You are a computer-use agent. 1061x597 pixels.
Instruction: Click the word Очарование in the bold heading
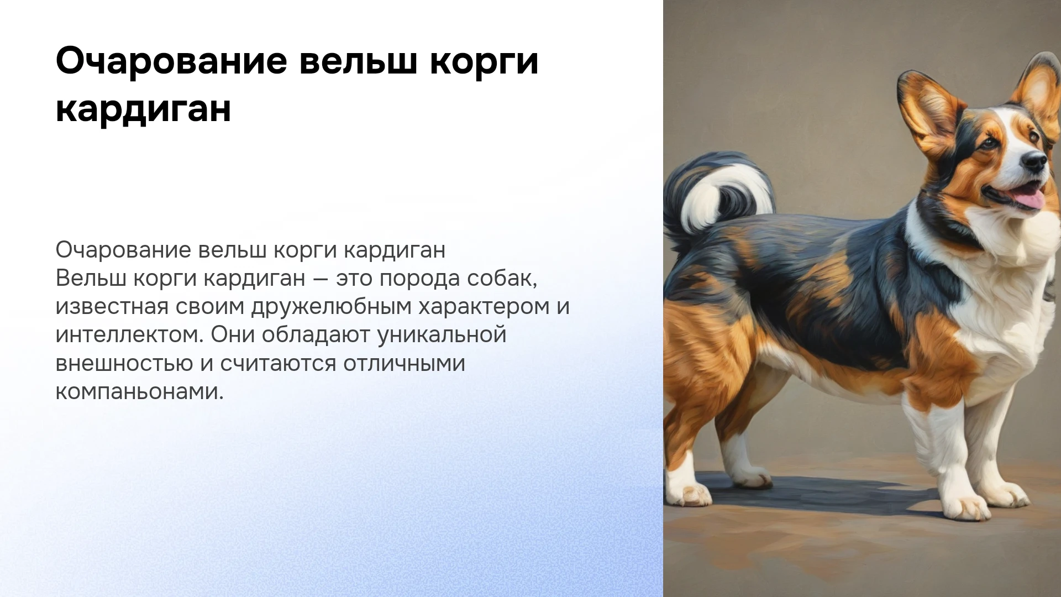[171, 62]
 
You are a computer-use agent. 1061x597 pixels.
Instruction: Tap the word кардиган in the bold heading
[143, 109]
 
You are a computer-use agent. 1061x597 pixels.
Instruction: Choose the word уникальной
[442, 336]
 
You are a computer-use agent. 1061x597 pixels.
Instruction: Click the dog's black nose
[1034, 161]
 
